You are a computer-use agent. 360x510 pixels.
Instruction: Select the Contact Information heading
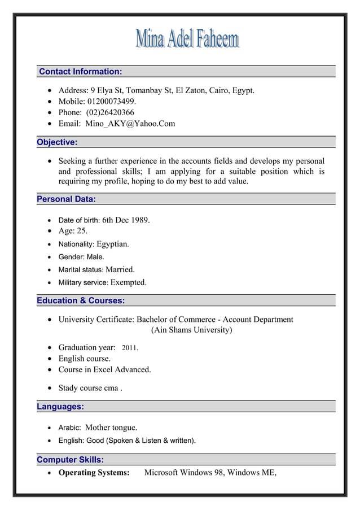coord(80,72)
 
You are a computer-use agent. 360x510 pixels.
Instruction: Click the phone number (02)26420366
coord(110,112)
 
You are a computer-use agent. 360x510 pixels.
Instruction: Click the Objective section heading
coord(57,142)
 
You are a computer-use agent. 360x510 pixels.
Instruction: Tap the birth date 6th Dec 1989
coord(126,220)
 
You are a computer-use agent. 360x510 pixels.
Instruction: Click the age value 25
coord(82,231)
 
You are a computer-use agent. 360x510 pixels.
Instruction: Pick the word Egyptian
coord(112,244)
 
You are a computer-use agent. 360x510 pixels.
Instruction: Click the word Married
coord(120,269)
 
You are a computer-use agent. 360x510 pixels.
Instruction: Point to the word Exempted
coord(128,282)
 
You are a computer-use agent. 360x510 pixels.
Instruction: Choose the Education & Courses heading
coord(81,300)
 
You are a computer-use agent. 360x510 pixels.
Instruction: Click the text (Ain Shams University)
coord(191,330)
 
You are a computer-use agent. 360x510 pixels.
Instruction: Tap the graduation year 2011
coord(130,348)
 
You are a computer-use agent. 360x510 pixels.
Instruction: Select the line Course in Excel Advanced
coord(105,370)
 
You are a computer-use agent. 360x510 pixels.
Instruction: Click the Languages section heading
coord(60,407)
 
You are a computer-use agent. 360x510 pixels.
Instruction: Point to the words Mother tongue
coord(111,428)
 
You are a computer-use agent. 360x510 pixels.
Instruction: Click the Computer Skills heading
coord(70,460)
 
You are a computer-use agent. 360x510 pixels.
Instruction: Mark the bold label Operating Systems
coord(94,473)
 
